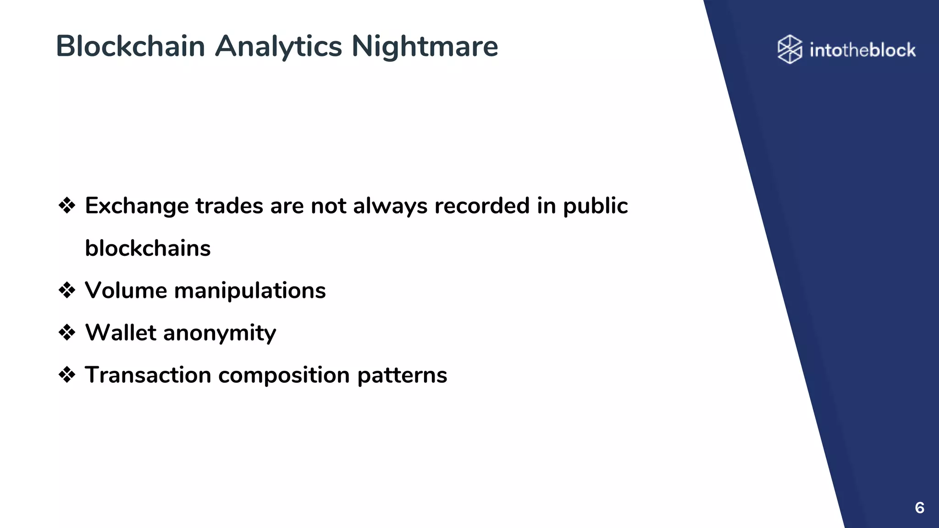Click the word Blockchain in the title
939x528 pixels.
point(130,46)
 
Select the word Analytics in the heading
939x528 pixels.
point(278,46)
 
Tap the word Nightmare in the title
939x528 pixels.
point(425,46)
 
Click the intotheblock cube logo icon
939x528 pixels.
point(790,49)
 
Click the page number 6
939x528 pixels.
point(919,508)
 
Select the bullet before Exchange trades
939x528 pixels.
point(67,206)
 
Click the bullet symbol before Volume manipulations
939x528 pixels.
point(67,291)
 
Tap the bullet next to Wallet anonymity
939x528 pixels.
point(67,333)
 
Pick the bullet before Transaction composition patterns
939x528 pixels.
point(67,375)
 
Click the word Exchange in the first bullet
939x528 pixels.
point(137,206)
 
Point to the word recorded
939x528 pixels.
point(482,206)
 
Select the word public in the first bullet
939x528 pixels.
point(595,206)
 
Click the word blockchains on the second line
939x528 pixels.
point(148,248)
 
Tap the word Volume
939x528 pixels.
point(126,291)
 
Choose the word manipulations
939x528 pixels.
point(250,291)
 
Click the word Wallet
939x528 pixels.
point(121,333)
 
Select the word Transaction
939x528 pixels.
point(148,375)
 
